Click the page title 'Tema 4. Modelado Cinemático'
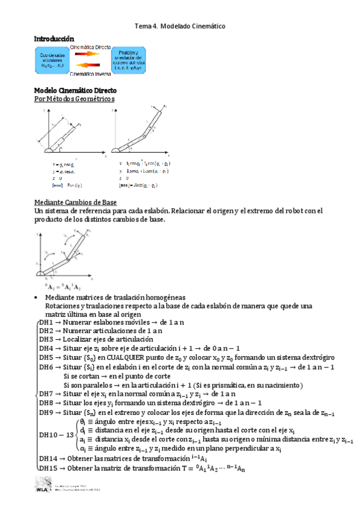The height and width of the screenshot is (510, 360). [x=180, y=27]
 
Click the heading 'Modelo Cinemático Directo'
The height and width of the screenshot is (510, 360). [x=75, y=90]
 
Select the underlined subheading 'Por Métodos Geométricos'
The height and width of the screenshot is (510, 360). [x=74, y=99]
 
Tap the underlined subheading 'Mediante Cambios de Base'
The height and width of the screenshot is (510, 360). [x=75, y=202]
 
